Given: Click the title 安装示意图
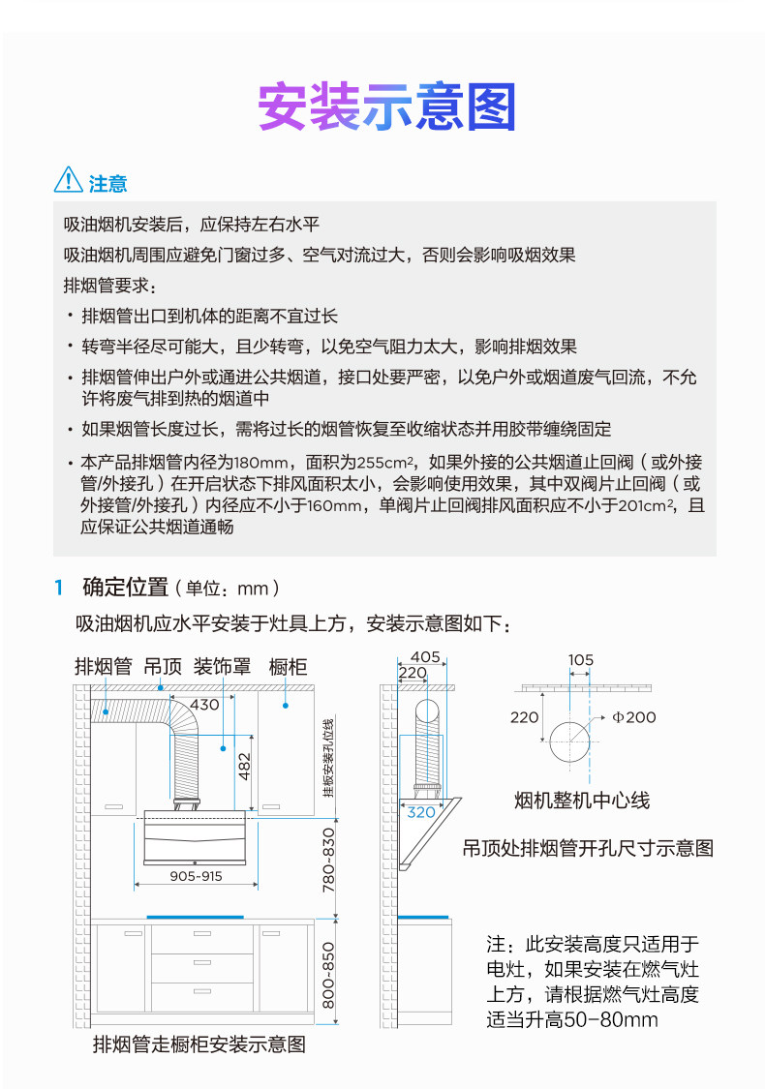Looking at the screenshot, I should (x=386, y=107).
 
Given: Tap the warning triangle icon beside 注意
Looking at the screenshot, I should (x=68, y=180).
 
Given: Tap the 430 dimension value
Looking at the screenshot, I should (x=203, y=704).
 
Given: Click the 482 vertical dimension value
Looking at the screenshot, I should (x=245, y=766).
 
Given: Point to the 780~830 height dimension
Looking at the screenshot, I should (x=329, y=860).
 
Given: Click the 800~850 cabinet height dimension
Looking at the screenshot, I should (x=329, y=975).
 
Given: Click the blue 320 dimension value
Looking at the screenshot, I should (x=421, y=812).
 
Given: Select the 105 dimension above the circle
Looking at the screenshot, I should (x=581, y=660).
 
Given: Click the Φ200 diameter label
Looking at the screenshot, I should (x=635, y=717).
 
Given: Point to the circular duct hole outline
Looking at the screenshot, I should (x=569, y=742).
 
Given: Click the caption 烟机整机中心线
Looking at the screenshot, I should (x=582, y=801).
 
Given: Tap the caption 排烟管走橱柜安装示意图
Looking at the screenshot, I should (x=199, y=1044).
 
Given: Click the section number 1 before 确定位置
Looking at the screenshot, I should (x=59, y=588).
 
